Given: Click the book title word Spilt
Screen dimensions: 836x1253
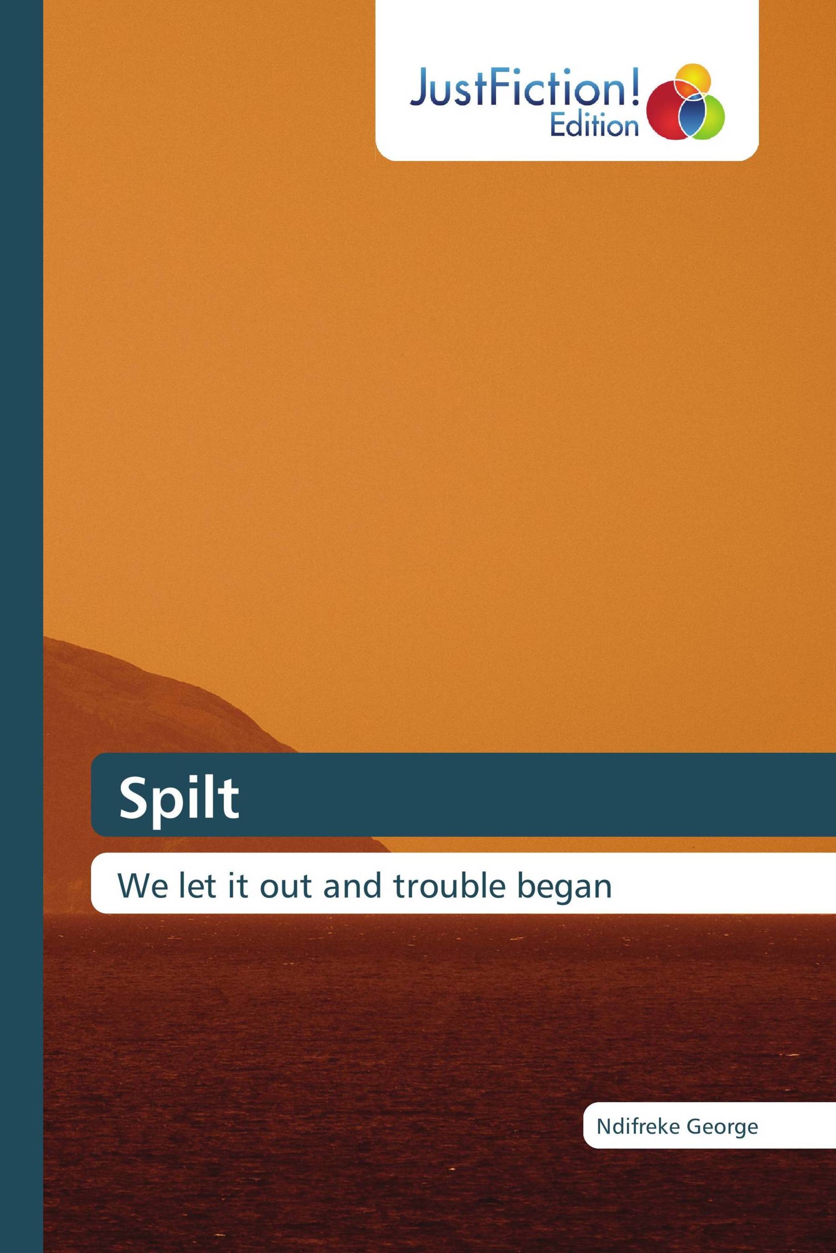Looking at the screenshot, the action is pyautogui.click(x=179, y=799).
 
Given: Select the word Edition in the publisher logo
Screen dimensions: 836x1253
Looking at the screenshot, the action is pyautogui.click(x=594, y=126).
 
